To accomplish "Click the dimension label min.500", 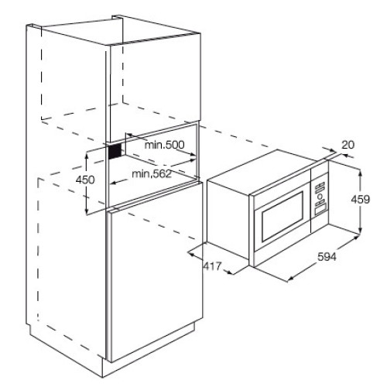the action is coord(164,145).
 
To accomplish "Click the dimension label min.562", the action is coord(152,174).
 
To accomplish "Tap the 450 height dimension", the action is coord(85,180).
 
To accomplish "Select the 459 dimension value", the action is coord(361,199).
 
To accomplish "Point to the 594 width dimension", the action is coord(327,257).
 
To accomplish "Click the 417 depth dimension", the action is coord(213,266).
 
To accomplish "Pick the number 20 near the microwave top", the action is coord(348,145).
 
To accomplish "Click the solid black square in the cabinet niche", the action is coord(115,152).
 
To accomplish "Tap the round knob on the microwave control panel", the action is coord(320,197).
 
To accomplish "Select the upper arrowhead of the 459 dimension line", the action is coord(361,172).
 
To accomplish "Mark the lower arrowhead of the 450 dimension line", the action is coord(87,211).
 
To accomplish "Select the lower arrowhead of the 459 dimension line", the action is coord(361,229).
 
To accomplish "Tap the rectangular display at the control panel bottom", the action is coord(320,208).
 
